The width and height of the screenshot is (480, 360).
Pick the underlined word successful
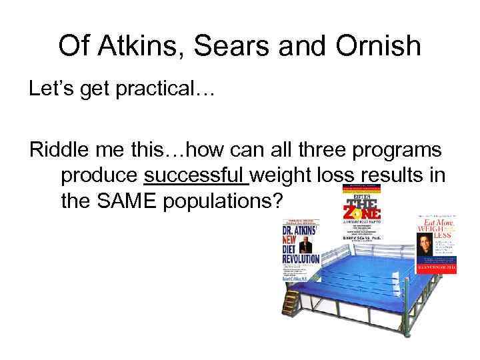195,175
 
